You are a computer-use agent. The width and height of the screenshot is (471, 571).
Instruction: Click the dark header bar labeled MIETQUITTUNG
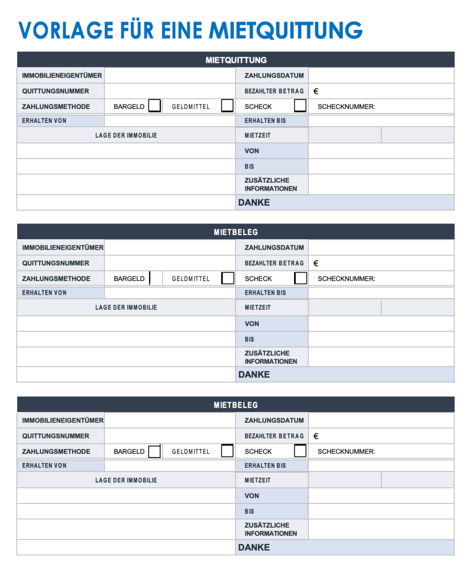pyautogui.click(x=235, y=60)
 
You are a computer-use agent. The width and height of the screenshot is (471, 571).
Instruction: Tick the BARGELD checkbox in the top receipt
pyautogui.click(x=154, y=106)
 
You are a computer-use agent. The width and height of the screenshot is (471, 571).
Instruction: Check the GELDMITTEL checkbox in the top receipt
pyautogui.click(x=227, y=106)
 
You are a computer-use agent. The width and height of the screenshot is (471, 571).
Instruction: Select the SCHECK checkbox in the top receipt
pyautogui.click(x=300, y=106)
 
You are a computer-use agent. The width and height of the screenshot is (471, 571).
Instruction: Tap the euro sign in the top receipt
pyautogui.click(x=316, y=91)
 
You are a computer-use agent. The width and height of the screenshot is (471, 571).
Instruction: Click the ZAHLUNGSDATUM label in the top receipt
pyautogui.click(x=274, y=75)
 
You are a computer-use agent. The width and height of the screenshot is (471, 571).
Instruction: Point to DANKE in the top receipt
pyautogui.click(x=254, y=203)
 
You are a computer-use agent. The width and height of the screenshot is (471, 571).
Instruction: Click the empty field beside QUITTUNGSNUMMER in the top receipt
pyautogui.click(x=170, y=91)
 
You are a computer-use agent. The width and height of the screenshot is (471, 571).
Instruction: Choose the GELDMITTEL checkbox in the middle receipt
pyautogui.click(x=227, y=278)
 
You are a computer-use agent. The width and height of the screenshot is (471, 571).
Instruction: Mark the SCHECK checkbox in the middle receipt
pyautogui.click(x=300, y=278)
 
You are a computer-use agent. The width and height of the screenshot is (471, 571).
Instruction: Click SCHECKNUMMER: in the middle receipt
pyautogui.click(x=346, y=278)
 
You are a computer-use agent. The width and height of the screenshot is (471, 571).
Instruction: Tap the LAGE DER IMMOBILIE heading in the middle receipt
pyautogui.click(x=126, y=308)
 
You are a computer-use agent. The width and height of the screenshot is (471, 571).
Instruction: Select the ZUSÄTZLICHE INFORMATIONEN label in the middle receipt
pyautogui.click(x=271, y=357)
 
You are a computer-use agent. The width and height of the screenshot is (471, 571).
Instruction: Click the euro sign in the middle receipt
pyautogui.click(x=316, y=263)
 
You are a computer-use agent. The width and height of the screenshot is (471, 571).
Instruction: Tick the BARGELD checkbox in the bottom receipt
pyautogui.click(x=154, y=451)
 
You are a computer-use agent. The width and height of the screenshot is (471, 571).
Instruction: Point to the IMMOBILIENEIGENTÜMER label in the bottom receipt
pyautogui.click(x=63, y=420)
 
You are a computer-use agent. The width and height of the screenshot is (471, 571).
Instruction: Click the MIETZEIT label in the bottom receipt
pyautogui.click(x=257, y=480)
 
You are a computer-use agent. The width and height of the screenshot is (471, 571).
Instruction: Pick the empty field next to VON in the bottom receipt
pyautogui.click(x=381, y=496)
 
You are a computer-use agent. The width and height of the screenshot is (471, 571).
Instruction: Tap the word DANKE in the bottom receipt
pyautogui.click(x=254, y=547)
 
